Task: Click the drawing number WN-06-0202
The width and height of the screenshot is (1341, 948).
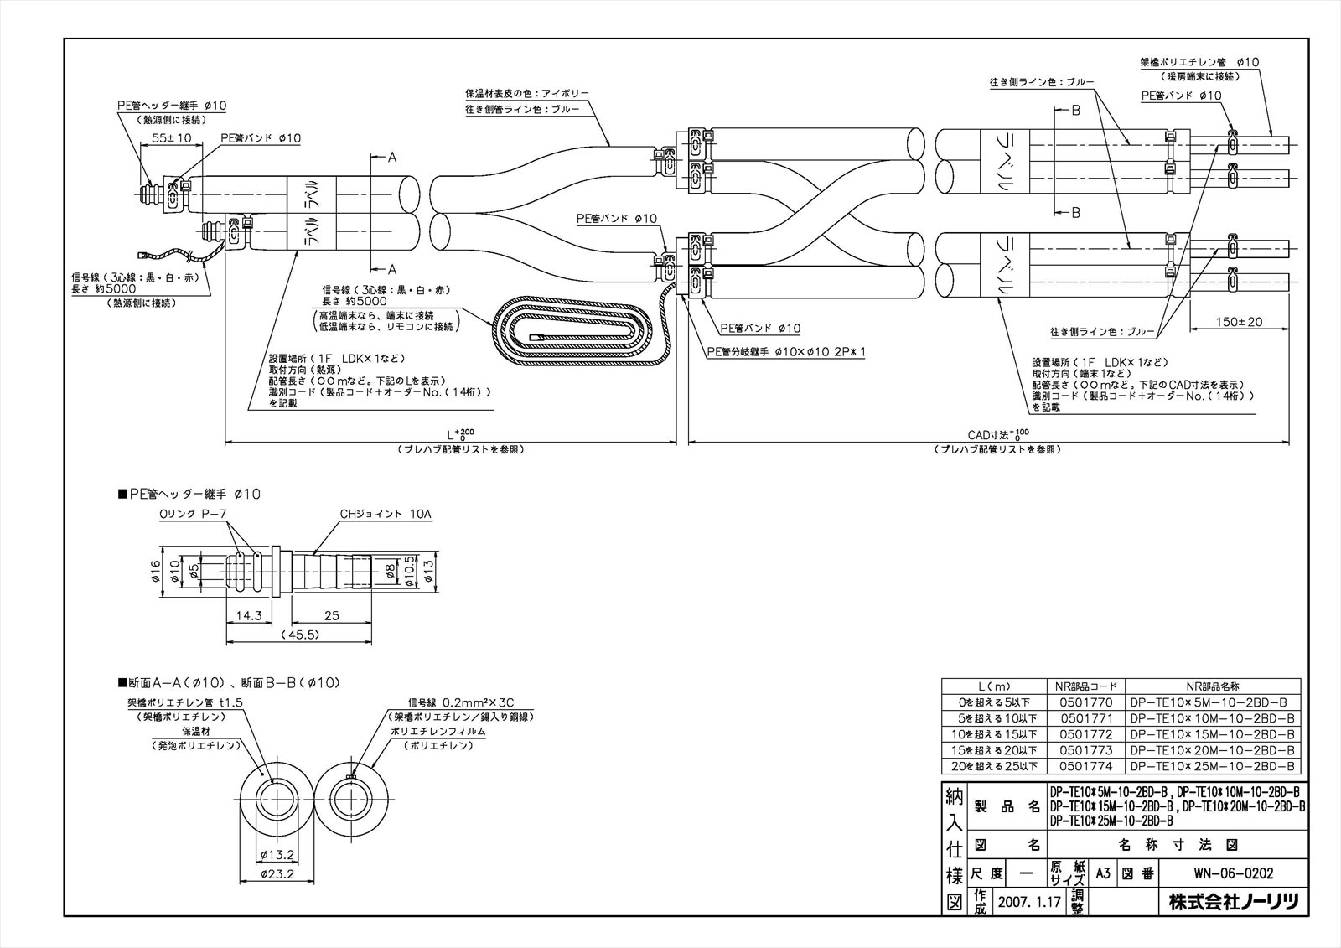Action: tap(1233, 873)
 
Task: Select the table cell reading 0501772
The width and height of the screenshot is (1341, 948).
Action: tap(1085, 734)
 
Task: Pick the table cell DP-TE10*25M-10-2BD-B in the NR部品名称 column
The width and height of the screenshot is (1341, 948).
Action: tap(1212, 766)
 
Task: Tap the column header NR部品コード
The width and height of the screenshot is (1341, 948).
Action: tap(1085, 686)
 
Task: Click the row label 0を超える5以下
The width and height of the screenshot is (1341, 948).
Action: tap(992, 702)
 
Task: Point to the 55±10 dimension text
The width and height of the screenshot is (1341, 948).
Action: tap(172, 137)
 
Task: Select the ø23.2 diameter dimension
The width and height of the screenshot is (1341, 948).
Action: tap(275, 873)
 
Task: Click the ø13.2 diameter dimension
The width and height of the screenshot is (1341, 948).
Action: tap(275, 854)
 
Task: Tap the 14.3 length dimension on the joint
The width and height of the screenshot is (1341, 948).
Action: tap(249, 616)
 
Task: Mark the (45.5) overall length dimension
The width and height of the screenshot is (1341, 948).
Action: tap(300, 635)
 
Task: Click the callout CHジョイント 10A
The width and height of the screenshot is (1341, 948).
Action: tap(386, 514)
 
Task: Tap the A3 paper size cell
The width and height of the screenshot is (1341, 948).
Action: tap(1102, 873)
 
